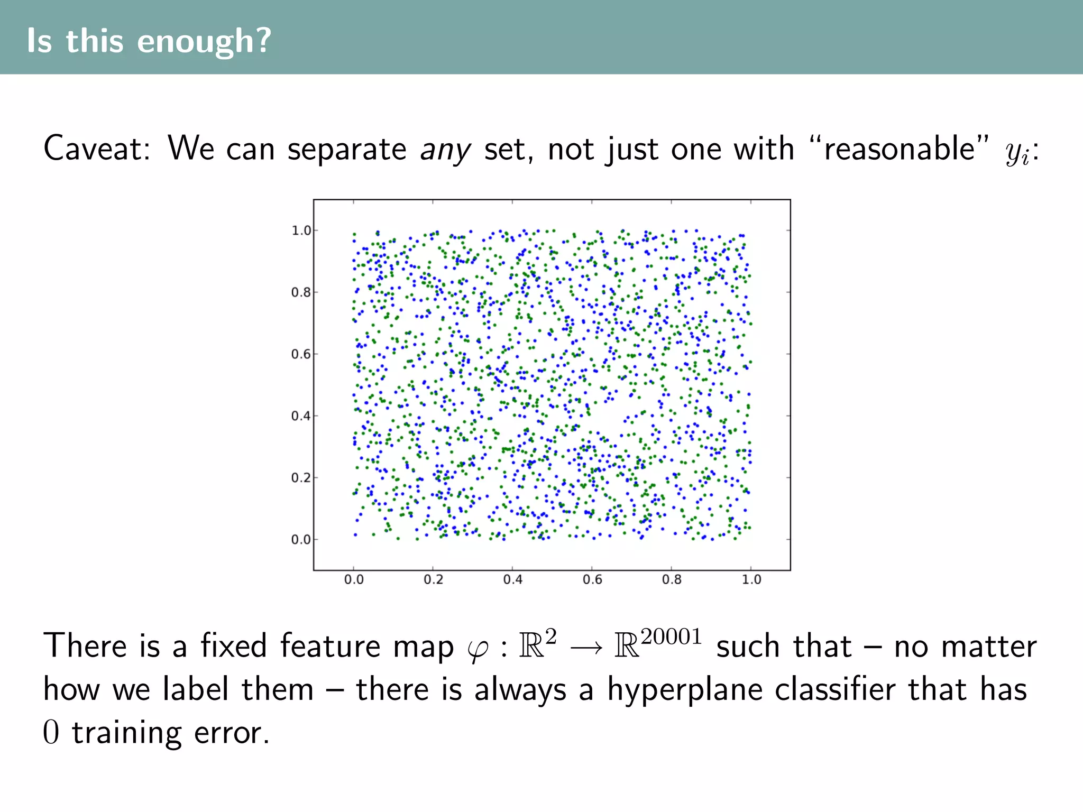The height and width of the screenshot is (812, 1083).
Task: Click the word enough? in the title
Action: point(204,41)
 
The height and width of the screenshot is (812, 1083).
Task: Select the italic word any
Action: point(445,150)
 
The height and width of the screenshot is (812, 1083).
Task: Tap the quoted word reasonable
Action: point(899,149)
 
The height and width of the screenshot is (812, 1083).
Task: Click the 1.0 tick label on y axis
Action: point(301,230)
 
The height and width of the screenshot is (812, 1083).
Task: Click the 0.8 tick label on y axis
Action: point(301,292)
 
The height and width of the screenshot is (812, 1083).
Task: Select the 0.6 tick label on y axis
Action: point(301,354)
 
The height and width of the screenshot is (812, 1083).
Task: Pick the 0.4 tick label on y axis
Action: point(301,416)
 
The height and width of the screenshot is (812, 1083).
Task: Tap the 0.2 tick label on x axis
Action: point(433,580)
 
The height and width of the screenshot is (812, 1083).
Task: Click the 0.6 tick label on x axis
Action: point(592,580)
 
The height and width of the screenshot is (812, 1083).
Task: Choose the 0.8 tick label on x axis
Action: point(672,580)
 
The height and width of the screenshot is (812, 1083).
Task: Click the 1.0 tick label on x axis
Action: point(751,580)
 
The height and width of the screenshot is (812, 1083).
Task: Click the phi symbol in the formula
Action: point(478,649)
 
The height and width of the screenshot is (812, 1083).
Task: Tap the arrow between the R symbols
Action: point(586,647)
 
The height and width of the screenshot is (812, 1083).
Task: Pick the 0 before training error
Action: point(51,733)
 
